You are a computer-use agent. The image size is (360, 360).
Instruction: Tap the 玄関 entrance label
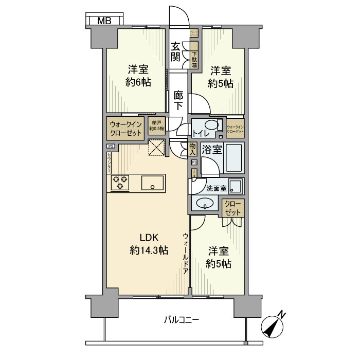(x=176, y=51)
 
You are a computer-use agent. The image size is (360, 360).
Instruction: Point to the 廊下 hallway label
(x=178, y=101)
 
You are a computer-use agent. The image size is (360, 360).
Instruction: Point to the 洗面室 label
(x=217, y=188)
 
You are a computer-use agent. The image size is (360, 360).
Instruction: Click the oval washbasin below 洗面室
(x=206, y=204)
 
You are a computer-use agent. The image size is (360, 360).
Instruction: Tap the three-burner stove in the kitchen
(x=120, y=183)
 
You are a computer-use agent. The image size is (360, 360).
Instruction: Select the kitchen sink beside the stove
(x=152, y=183)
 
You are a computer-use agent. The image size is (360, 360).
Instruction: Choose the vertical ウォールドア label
(x=186, y=252)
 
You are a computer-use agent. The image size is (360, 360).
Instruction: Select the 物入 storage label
(x=192, y=150)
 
